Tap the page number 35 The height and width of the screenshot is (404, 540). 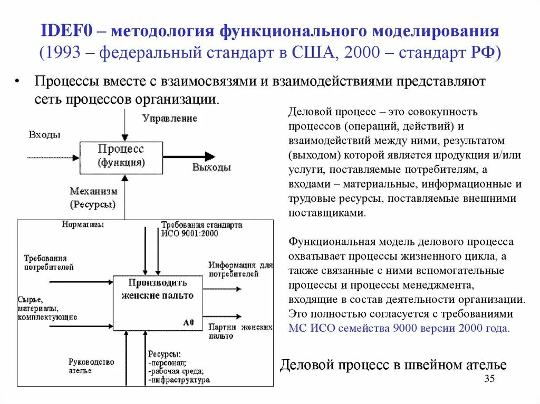click(489, 380)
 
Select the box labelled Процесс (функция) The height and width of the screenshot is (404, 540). click(121, 156)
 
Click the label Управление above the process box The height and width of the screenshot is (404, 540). click(169, 119)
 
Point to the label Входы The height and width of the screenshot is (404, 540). click(44, 135)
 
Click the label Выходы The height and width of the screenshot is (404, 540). click(211, 167)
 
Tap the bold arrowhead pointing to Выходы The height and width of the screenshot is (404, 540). click(209, 156)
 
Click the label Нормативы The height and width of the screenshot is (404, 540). click(83, 224)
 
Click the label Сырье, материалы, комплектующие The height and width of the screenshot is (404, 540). click(47, 308)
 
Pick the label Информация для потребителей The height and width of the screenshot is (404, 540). click(240, 269)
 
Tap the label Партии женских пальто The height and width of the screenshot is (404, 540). click(240, 331)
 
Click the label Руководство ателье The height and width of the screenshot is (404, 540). click(91, 366)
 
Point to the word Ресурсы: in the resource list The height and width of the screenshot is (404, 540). click(164, 354)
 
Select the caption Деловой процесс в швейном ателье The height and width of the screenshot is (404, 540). click(393, 364)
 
